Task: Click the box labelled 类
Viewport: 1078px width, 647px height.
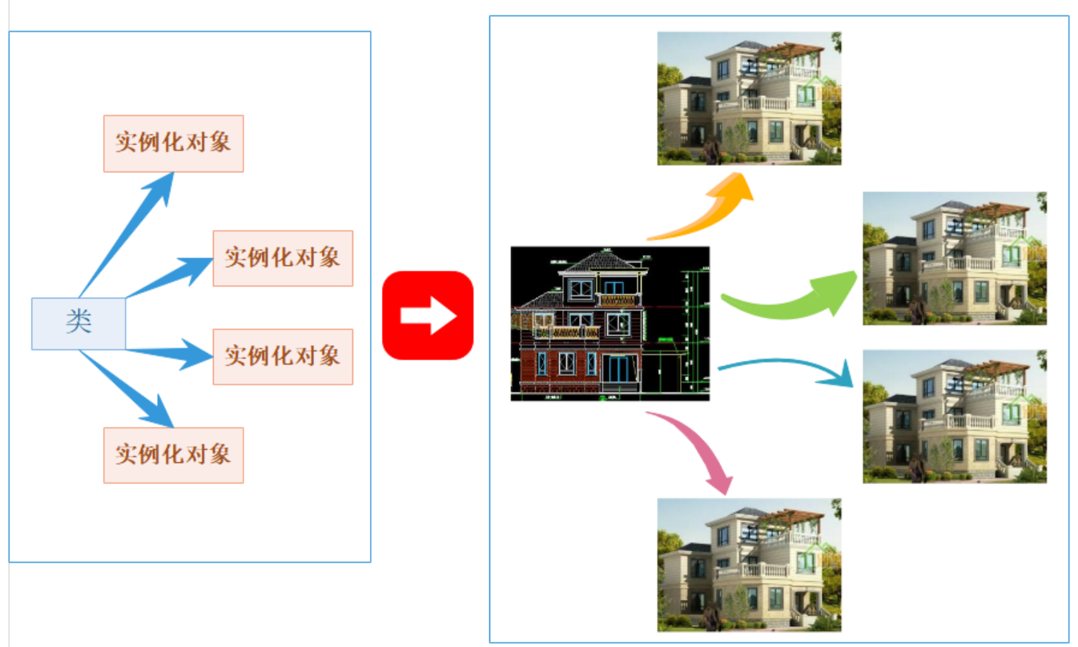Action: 78,323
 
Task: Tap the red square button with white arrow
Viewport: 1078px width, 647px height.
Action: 428,315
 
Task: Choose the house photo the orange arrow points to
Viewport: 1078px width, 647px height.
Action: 749,98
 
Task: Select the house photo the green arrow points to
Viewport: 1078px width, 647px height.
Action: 954,258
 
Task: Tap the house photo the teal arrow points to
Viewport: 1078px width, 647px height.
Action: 954,416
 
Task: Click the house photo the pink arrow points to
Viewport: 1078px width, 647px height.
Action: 749,565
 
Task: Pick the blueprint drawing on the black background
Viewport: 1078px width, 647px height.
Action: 609,323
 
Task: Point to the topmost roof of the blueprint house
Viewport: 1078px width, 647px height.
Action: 598,262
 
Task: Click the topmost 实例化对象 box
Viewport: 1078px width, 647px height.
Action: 173,143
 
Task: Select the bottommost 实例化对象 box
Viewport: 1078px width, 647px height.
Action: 173,455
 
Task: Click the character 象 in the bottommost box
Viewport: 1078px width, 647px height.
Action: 219,455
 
